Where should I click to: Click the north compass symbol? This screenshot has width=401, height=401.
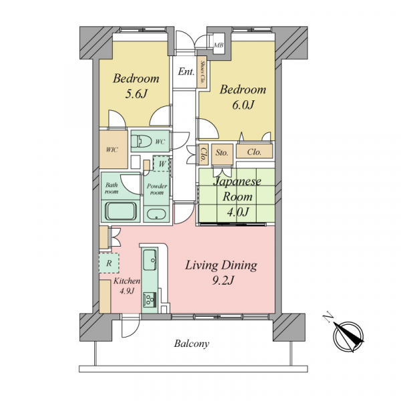pyautogui.click(x=349, y=336)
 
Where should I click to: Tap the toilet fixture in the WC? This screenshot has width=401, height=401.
pyautogui.click(x=141, y=141)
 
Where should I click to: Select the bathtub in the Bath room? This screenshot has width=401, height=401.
pyautogui.click(x=121, y=211)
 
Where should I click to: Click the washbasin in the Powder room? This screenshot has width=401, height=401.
pyautogui.click(x=156, y=215)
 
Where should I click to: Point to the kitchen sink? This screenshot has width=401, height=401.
pyautogui.click(x=150, y=260)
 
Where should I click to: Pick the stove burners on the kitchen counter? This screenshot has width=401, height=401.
pyautogui.click(x=150, y=299)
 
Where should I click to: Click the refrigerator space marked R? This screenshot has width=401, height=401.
pyautogui.click(x=109, y=263)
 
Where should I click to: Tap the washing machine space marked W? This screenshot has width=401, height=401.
pyautogui.click(x=161, y=164)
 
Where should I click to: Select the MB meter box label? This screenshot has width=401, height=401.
pyautogui.click(x=219, y=45)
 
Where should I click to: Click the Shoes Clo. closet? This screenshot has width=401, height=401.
pyautogui.click(x=202, y=72)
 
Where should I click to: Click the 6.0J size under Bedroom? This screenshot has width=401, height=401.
pyautogui.click(x=243, y=105)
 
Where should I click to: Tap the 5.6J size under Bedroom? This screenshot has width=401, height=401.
pyautogui.click(x=136, y=94)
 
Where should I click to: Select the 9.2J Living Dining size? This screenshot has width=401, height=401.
pyautogui.click(x=223, y=281)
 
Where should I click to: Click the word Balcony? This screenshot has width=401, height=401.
pyautogui.click(x=192, y=344)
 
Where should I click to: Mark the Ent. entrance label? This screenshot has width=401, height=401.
pyautogui.click(x=186, y=72)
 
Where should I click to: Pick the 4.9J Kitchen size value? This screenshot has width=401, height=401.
pyautogui.click(x=126, y=291)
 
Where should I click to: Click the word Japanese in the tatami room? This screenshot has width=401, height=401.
pyautogui.click(x=237, y=182)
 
